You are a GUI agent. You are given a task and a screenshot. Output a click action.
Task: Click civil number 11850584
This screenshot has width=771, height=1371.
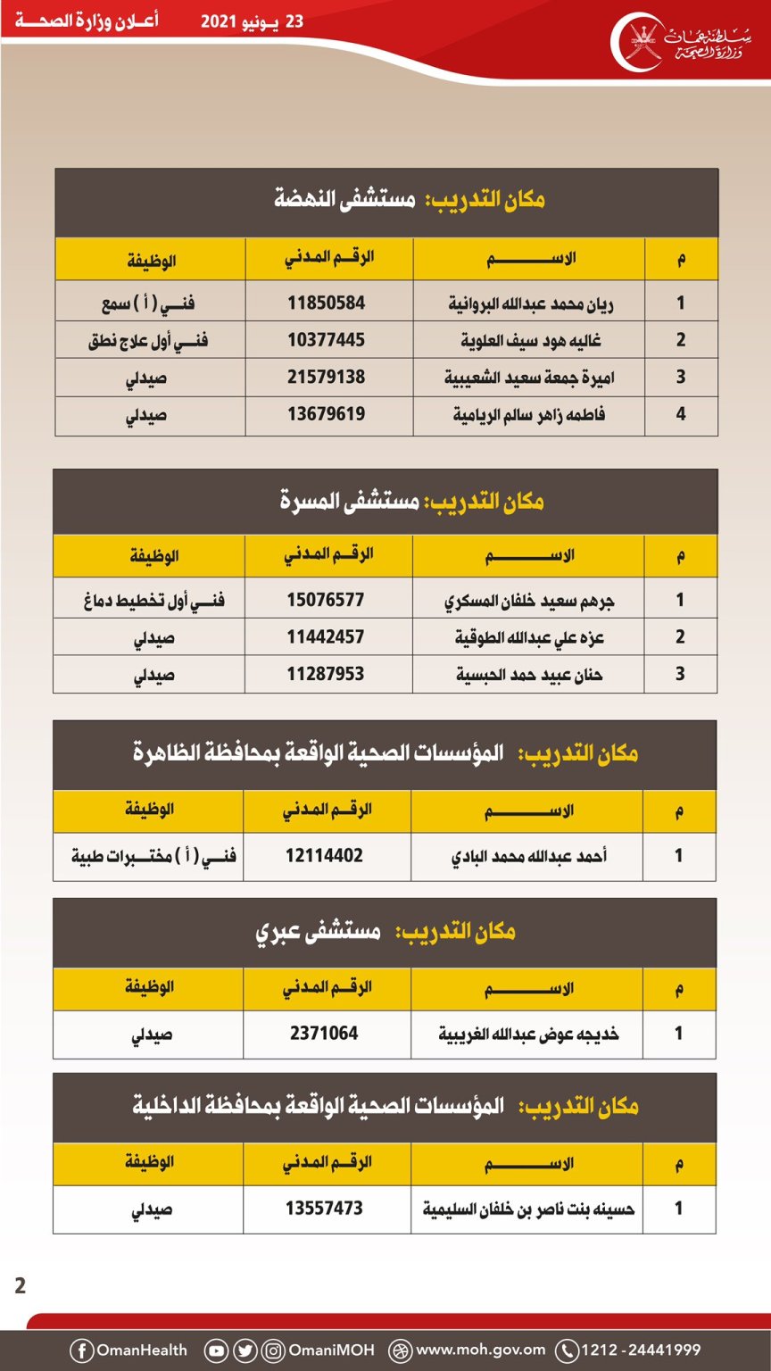[x=326, y=303]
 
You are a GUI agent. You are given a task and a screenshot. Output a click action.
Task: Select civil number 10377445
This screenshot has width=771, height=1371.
[x=326, y=340]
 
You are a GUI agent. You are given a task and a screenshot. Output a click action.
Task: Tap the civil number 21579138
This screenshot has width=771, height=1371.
[x=326, y=377]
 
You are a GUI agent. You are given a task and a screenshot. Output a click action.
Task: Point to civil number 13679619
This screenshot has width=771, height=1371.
[x=326, y=414]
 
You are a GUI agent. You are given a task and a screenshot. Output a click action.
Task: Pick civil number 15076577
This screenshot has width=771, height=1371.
[x=326, y=600]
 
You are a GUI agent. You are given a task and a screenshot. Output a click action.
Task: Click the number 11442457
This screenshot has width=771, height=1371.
[x=326, y=636]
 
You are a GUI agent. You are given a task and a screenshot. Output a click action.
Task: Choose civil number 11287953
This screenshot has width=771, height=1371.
[x=326, y=674]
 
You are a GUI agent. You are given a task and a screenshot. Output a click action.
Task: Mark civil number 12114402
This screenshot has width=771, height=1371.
[x=324, y=856]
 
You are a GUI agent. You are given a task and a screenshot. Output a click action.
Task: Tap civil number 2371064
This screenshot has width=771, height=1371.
[x=324, y=1034]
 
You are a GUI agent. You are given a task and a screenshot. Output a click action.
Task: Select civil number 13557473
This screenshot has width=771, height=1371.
[x=324, y=1209]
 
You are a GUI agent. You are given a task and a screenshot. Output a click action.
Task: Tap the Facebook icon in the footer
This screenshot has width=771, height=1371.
[x=81, y=1350]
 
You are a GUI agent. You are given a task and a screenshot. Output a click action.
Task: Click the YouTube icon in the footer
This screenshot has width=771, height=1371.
[x=216, y=1350]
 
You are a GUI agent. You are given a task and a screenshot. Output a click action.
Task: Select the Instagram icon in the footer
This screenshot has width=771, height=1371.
[x=274, y=1350]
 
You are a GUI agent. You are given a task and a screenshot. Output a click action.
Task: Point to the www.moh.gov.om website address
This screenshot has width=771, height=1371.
[x=480, y=1350]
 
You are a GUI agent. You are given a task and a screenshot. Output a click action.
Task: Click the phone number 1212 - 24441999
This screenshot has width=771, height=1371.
[x=640, y=1350]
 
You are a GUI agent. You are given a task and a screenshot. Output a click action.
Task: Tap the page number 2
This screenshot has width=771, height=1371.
[x=21, y=1286]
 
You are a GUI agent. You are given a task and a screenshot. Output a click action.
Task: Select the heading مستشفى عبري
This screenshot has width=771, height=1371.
[x=318, y=933]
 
